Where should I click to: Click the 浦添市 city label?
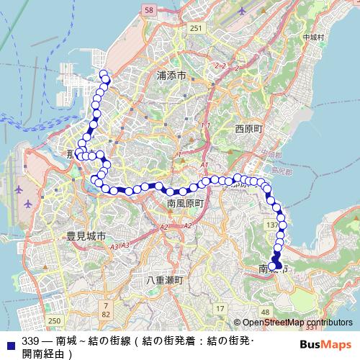coord(173,75)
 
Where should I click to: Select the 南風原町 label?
coord(186,204)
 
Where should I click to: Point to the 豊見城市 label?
coord(86,235)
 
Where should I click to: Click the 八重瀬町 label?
coord(165,279)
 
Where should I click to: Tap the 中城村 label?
coord(314,37)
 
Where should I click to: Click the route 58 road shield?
coord(149,10)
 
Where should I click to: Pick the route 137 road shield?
coord(271,225)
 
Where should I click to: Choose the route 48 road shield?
coord(265,312)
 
